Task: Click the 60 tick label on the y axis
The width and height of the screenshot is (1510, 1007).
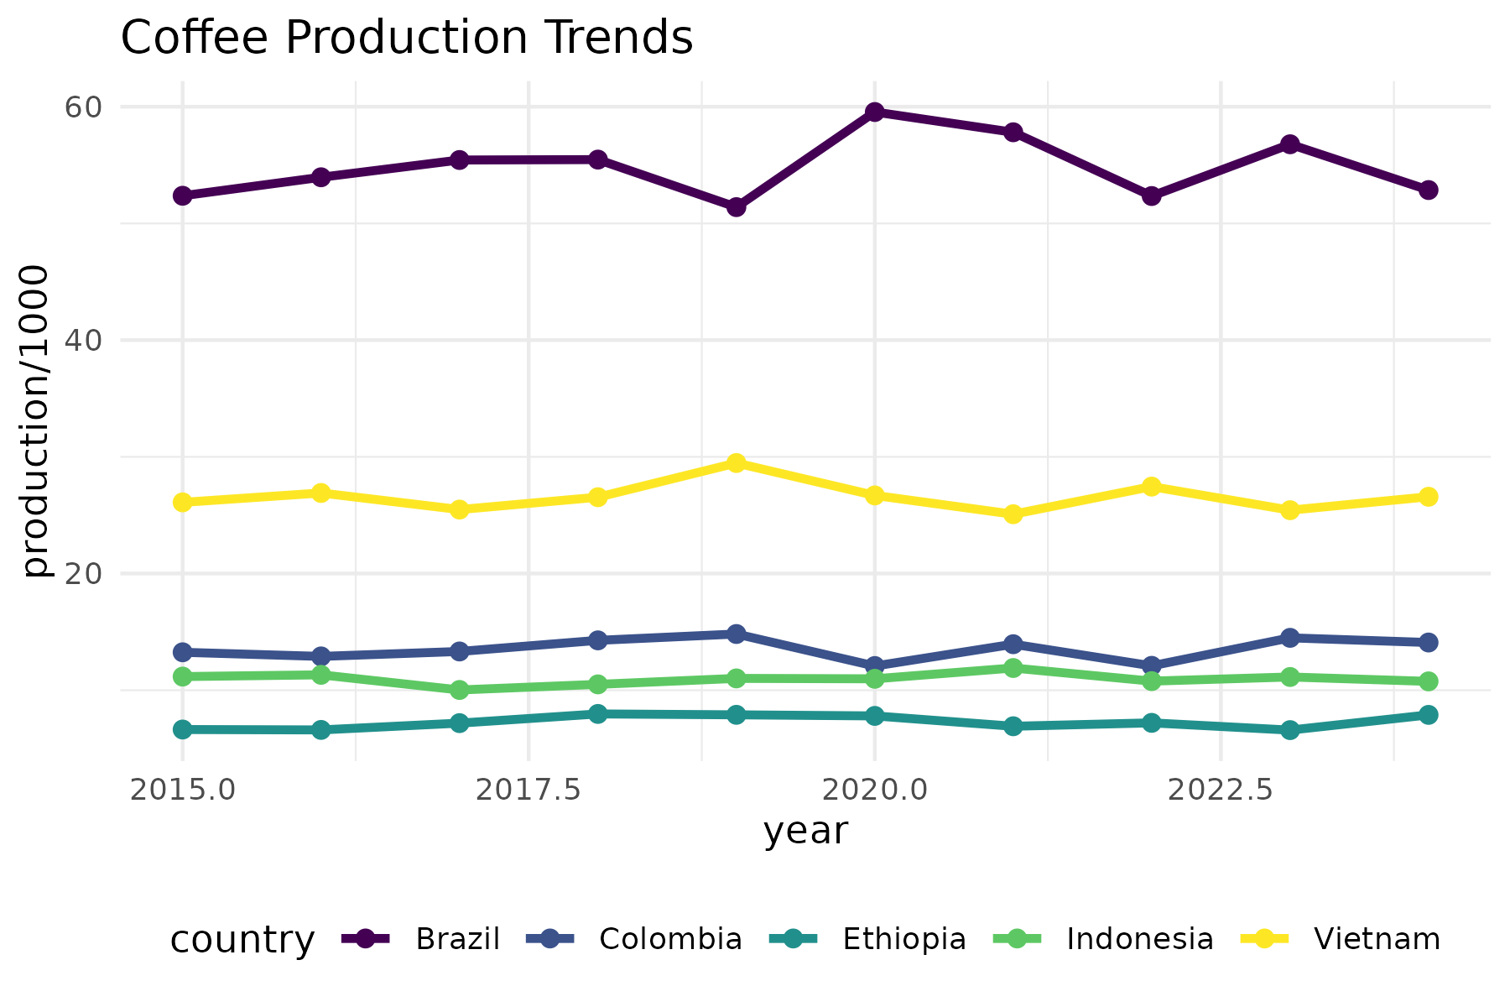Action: (x=82, y=107)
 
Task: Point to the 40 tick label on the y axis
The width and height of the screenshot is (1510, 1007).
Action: (x=82, y=341)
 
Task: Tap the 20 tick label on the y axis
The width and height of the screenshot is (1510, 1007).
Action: (x=82, y=574)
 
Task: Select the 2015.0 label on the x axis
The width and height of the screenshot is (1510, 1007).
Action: (x=182, y=790)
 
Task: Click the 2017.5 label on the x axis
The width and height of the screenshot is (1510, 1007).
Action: (x=528, y=790)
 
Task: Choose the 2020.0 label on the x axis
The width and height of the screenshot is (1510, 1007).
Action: (x=874, y=790)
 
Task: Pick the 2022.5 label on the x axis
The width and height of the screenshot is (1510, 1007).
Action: (x=1220, y=790)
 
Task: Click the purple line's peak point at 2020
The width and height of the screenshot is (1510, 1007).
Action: (x=875, y=112)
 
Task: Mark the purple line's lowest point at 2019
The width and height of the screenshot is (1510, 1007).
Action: (x=737, y=206)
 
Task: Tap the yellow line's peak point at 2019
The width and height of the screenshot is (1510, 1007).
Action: (x=737, y=462)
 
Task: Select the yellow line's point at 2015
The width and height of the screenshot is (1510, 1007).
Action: (x=182, y=502)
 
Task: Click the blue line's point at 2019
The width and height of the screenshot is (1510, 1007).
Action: (x=737, y=634)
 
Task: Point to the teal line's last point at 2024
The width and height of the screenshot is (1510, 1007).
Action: (x=1428, y=715)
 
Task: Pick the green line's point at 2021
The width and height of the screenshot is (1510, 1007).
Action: (x=1013, y=668)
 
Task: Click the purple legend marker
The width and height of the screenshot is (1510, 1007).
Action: (x=365, y=938)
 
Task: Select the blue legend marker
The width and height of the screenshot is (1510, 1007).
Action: (x=549, y=938)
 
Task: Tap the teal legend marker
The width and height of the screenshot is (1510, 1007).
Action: (x=793, y=938)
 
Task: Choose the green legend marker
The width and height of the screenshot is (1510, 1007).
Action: (x=1017, y=938)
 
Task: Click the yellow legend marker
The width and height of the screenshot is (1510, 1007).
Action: (x=1264, y=938)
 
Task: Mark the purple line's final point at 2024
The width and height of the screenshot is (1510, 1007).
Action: (x=1428, y=190)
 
